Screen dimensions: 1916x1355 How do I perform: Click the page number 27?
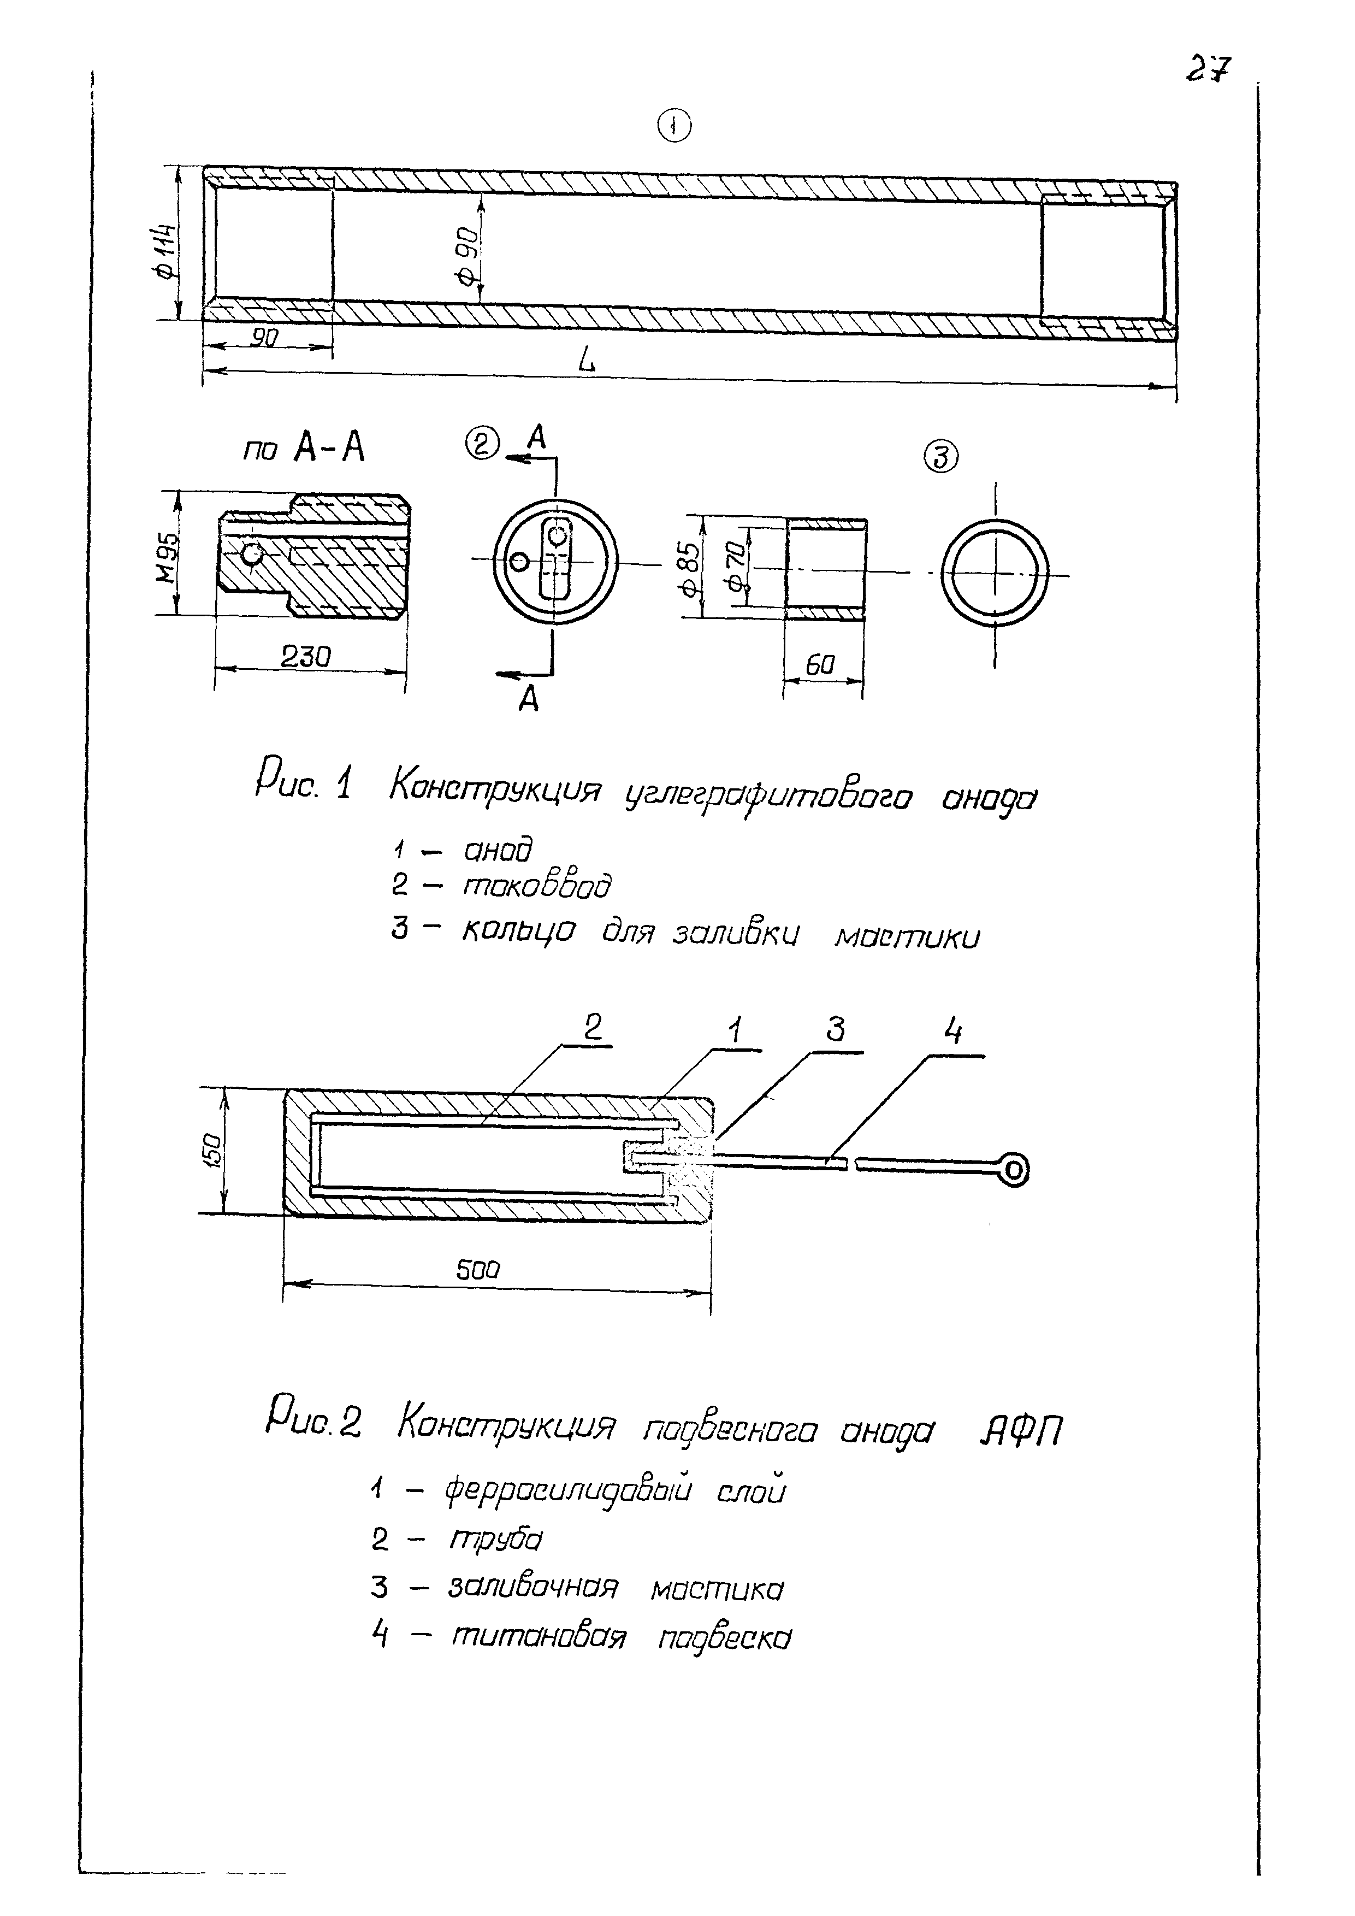click(x=1208, y=68)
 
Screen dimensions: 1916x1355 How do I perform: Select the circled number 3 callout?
click(x=940, y=457)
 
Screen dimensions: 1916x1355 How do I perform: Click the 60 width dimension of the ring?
click(x=820, y=665)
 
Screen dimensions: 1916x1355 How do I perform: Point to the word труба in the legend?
click(x=495, y=1538)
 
